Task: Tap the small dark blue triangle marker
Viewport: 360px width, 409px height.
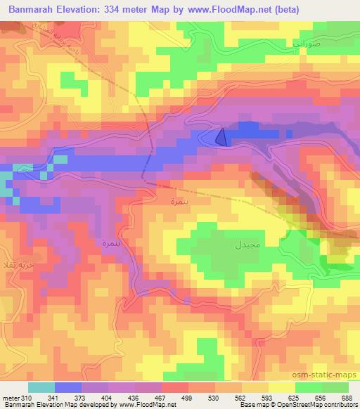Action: (x=221, y=137)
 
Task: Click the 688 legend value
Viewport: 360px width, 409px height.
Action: (x=346, y=397)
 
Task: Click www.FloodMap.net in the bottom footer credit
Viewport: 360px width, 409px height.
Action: (x=149, y=405)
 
